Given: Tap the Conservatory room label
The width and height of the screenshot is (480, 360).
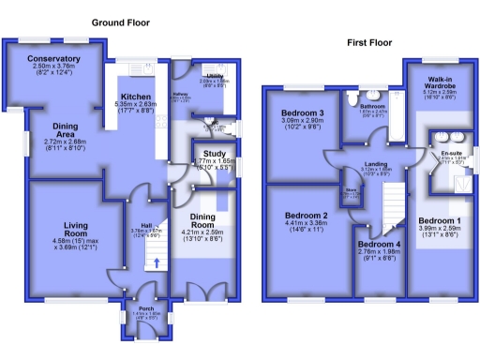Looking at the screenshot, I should click(53, 59).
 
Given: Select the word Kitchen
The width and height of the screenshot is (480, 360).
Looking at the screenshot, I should click(137, 97).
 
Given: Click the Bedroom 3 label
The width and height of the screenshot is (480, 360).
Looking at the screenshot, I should click(302, 114).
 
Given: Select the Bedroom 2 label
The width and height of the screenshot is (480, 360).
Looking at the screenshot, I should click(306, 216).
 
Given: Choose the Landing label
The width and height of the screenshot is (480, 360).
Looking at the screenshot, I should click(376, 164).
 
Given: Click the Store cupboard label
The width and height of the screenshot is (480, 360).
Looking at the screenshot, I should click(352, 189).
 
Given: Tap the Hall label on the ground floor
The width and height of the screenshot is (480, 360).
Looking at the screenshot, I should click(146, 226).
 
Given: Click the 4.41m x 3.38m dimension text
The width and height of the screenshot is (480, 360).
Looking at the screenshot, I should click(306, 224).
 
